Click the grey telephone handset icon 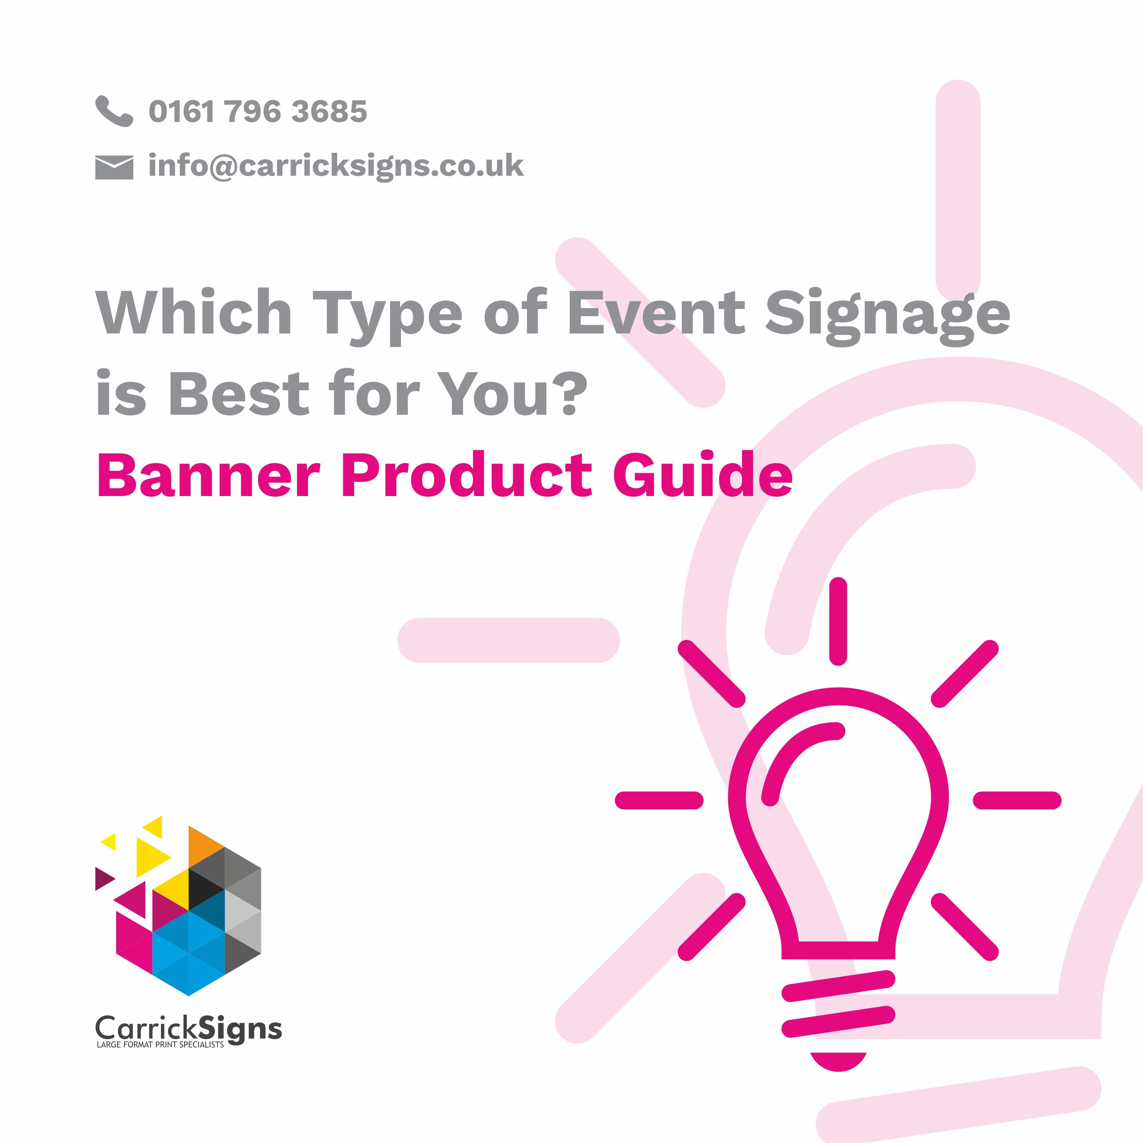tap(114, 111)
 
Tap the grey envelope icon tap(114, 167)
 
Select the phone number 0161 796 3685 tap(258, 111)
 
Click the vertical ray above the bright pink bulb tap(838, 621)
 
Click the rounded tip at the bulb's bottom tap(838, 1062)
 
